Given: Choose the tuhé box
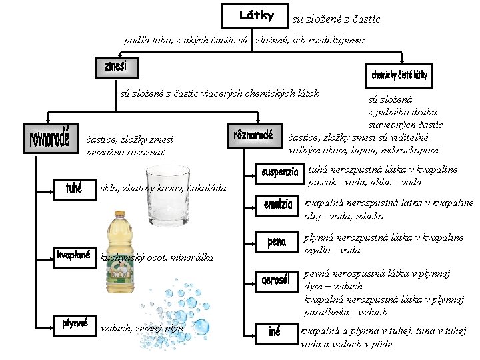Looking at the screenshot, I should pyautogui.click(x=73, y=189).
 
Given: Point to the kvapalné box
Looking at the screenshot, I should pyautogui.click(x=74, y=257).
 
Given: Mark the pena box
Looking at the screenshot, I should pyautogui.click(x=277, y=242).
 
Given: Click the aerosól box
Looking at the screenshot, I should pyautogui.click(x=279, y=281).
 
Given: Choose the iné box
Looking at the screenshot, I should pyautogui.click(x=275, y=332).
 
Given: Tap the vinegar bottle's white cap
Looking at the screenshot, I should pyautogui.click(x=121, y=215).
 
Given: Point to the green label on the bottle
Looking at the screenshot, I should pyautogui.click(x=121, y=273).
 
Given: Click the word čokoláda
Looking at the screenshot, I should pyautogui.click(x=210, y=189).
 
